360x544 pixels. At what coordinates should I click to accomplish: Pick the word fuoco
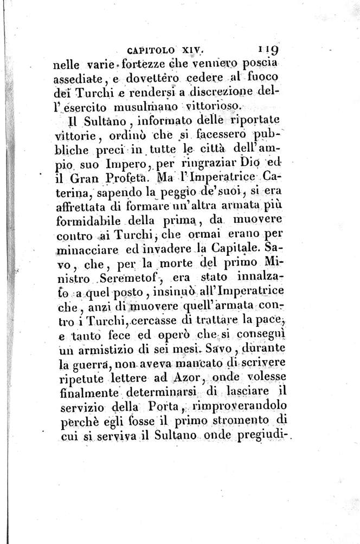265,80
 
